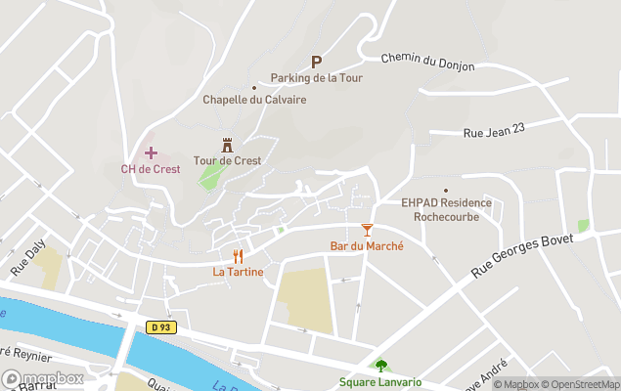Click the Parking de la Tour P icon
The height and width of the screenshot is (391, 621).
316,61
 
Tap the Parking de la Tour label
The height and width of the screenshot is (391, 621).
311,78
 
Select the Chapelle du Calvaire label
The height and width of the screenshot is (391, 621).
254,99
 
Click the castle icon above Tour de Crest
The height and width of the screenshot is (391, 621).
227,145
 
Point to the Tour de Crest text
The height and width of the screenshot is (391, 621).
227,160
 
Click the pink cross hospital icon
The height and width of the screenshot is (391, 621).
151,152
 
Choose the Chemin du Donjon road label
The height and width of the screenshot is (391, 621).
427,62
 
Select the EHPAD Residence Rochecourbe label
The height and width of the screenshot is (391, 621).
446,209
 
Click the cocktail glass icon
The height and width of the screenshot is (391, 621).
367,230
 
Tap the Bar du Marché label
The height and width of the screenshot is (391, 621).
367,245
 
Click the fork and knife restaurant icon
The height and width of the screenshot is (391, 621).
238,256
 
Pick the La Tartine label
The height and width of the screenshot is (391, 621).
238,272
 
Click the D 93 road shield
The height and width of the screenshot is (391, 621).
163,326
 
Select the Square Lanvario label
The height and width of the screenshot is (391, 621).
380,382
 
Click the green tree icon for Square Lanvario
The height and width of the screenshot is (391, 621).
380,367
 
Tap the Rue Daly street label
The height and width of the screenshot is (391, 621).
28,258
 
